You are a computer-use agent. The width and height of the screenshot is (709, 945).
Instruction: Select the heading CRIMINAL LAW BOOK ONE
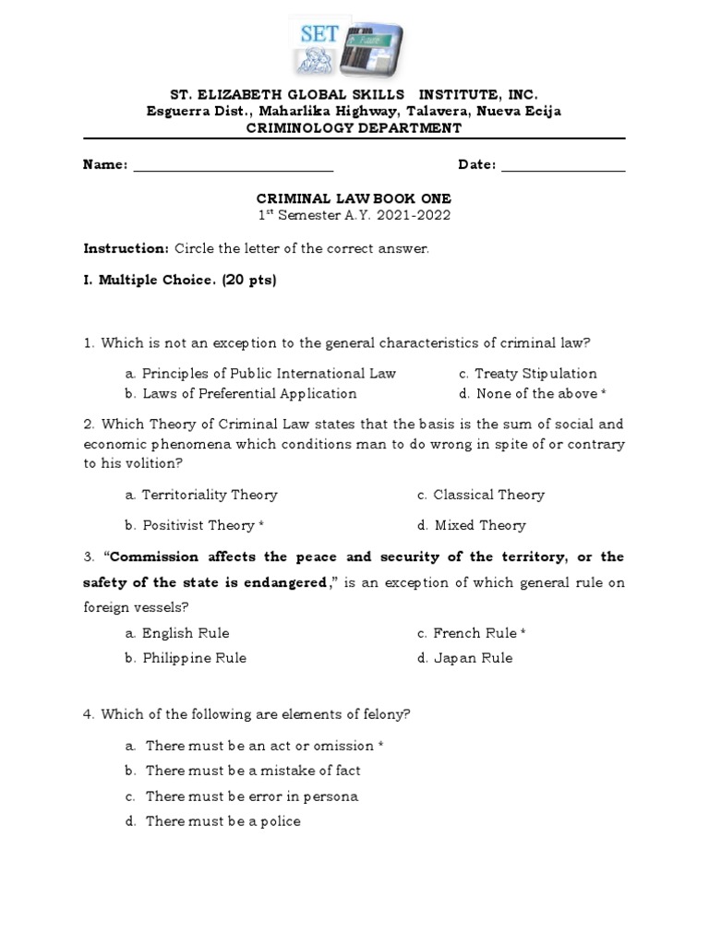coord(354,198)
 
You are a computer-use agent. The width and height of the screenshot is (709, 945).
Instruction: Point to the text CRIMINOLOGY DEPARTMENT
coord(354,128)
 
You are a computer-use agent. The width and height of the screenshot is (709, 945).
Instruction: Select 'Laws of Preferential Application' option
coord(241,394)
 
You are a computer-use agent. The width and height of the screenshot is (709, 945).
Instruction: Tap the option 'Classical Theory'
coord(481,495)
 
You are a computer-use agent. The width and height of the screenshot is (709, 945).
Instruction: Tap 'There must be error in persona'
coord(242,795)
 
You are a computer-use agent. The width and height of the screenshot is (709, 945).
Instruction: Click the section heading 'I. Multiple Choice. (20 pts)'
coord(180,280)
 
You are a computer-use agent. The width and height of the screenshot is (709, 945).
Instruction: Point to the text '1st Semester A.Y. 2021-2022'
coord(354,216)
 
